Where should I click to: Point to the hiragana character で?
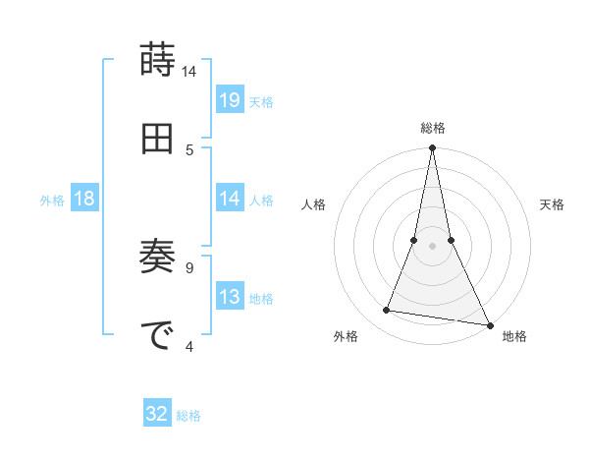click(x=157, y=335)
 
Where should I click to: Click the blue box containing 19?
click(x=230, y=99)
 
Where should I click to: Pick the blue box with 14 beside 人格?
click(x=230, y=199)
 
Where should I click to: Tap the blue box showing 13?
click(x=230, y=297)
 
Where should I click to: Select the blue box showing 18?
click(x=84, y=199)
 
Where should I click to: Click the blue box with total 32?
click(x=157, y=414)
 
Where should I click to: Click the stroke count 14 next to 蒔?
click(x=189, y=72)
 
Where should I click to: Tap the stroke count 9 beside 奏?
click(x=190, y=266)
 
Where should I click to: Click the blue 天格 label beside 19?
click(x=261, y=101)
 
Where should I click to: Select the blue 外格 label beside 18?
click(x=53, y=201)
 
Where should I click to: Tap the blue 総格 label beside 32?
click(x=188, y=416)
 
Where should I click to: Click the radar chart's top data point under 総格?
click(x=432, y=148)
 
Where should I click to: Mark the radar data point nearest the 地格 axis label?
click(x=489, y=324)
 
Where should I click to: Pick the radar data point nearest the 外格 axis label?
click(x=387, y=311)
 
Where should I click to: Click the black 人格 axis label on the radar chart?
click(x=314, y=204)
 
